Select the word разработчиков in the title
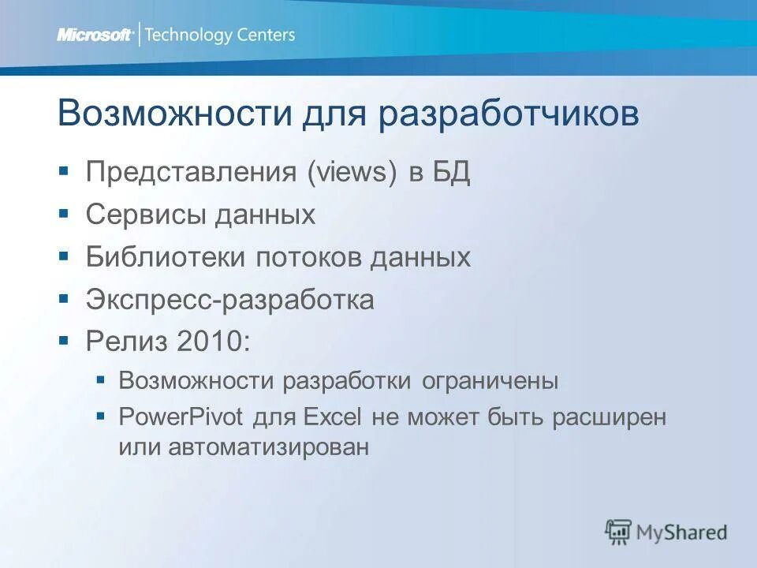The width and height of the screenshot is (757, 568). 509,114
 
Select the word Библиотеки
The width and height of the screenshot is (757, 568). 166,257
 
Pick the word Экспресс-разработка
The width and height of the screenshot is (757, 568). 230,300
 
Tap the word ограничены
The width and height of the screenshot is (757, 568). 490,382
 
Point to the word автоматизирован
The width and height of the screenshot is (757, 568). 268,447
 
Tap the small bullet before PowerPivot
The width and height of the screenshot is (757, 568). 100,416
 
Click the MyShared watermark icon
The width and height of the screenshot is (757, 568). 619,532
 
